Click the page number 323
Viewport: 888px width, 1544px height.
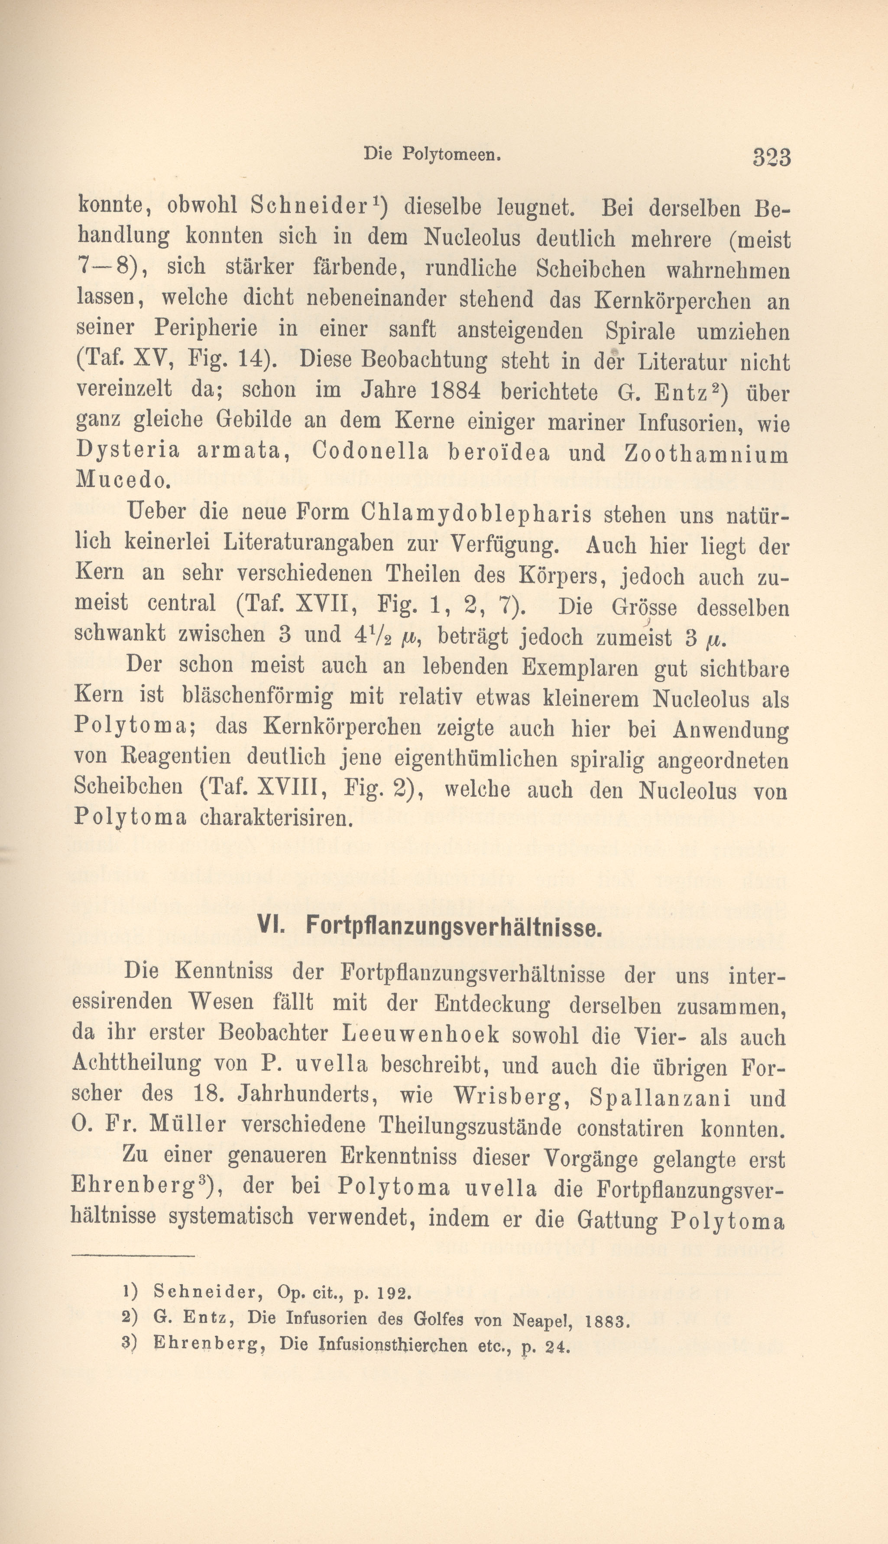tap(771, 157)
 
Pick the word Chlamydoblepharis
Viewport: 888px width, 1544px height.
tap(476, 514)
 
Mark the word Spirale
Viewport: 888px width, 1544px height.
tap(641, 331)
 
